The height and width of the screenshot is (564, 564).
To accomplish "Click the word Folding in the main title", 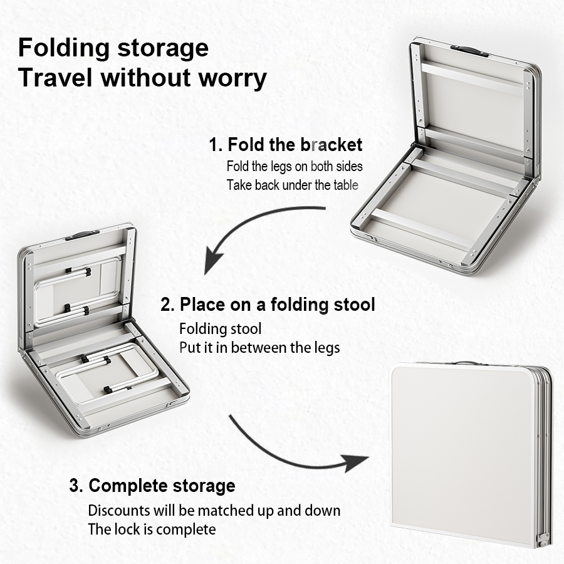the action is pos(64,48).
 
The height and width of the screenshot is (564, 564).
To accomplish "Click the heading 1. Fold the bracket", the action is pos(286,145).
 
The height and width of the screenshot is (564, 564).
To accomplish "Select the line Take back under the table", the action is pos(293,185).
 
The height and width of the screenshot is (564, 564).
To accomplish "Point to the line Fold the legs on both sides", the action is pos(295,166).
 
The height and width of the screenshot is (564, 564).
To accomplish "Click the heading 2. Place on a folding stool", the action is pos(268,305).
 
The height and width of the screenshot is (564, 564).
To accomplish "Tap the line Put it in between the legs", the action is pos(259,348).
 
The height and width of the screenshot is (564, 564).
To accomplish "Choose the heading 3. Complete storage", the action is pos(152,486).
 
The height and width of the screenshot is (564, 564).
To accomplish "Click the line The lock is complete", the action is pos(152,530).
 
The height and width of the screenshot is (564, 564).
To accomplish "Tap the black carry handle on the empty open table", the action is pos(469,51).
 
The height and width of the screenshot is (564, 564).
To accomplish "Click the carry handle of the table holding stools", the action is pos(82,236).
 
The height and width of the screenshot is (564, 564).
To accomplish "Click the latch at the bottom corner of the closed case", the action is pos(543,540).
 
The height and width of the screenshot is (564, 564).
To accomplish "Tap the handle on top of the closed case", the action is pos(466,364).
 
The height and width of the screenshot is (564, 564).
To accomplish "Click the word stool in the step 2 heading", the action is pos(354,305).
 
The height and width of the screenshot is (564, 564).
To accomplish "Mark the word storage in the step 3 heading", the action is pos(204,486).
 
